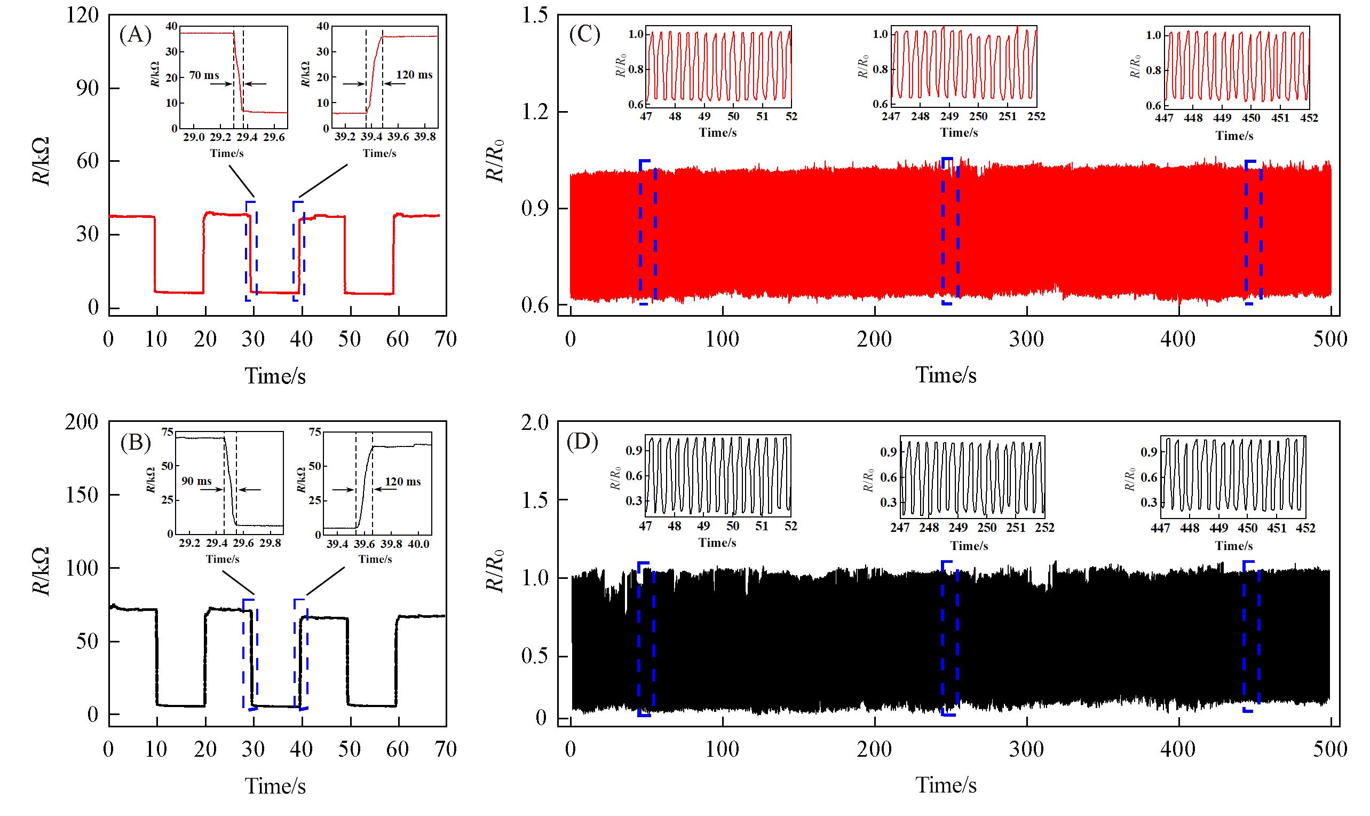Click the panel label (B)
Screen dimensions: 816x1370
[135, 443]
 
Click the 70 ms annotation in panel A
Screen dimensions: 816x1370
[204, 75]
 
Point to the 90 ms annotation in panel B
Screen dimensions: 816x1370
[196, 481]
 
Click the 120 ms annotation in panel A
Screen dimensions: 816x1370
[414, 74]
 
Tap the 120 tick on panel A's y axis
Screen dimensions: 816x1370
[82, 15]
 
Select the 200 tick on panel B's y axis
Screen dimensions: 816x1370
[81, 422]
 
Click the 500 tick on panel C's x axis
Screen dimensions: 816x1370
[1331, 339]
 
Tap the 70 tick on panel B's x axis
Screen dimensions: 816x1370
[445, 749]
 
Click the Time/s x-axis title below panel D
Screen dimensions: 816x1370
[946, 785]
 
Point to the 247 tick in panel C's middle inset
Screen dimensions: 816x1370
[891, 116]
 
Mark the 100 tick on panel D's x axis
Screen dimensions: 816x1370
[722, 749]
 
